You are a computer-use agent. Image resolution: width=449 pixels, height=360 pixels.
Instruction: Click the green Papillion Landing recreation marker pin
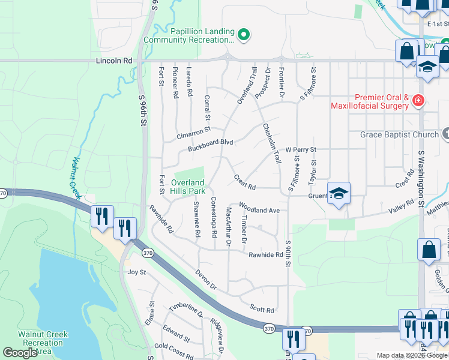[243, 35]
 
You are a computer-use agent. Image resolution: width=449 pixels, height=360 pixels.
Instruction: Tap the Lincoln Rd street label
[114, 61]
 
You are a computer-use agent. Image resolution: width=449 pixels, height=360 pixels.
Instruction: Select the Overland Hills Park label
[188, 186]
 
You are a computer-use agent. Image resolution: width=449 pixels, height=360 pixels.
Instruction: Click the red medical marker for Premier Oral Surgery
[418, 101]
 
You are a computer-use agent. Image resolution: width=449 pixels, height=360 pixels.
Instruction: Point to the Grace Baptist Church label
[399, 134]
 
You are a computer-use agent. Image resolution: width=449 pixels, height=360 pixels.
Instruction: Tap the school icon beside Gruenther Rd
[339, 194]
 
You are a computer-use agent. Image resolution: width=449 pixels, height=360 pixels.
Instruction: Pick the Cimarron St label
[193, 133]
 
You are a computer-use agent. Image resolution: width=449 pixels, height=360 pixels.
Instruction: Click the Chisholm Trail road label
[271, 144]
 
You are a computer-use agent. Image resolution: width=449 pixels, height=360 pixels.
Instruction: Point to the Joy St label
[137, 272]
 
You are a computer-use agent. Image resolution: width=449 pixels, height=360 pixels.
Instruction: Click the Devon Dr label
[206, 281]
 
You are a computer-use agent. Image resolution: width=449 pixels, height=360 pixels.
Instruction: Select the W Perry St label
[301, 149]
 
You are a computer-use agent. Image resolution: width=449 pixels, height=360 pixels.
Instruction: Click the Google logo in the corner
[20, 353]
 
